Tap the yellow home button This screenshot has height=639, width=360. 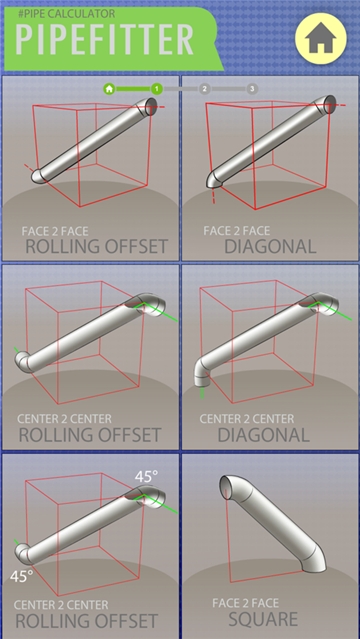point(320,38)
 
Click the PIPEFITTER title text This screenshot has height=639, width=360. point(105,40)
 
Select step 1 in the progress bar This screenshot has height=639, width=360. point(156,88)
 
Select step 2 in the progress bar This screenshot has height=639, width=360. point(204,88)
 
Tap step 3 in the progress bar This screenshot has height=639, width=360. point(252,88)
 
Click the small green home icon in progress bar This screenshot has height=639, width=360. point(109,88)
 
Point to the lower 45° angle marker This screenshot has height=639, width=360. point(22,576)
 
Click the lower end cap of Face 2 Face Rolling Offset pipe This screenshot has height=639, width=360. point(38,176)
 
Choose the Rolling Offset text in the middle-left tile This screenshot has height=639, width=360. point(89,435)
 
